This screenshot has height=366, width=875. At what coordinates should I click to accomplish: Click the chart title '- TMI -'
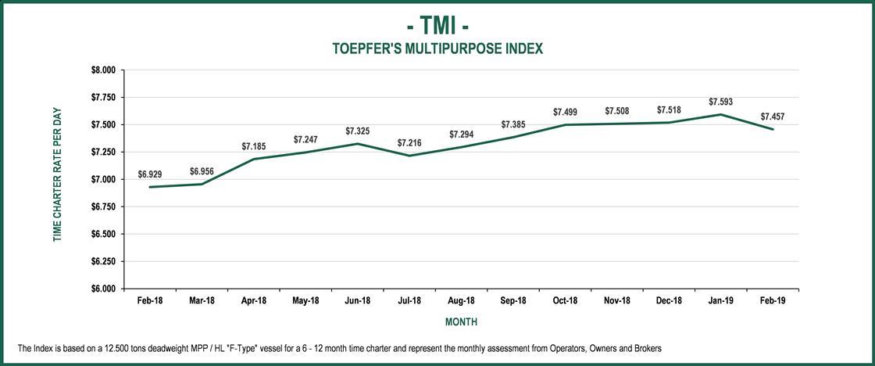437,25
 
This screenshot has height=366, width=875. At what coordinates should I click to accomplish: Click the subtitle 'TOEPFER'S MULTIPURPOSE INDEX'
437,48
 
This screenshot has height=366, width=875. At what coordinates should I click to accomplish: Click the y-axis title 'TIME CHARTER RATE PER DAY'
57,174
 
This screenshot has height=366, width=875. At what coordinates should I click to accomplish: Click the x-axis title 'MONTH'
461,322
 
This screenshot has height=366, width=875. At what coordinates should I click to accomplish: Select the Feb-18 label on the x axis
150,301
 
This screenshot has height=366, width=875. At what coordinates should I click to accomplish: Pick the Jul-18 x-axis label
409,301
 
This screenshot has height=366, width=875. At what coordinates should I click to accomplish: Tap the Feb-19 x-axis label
773,301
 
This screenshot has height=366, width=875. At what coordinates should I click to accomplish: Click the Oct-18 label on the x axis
565,301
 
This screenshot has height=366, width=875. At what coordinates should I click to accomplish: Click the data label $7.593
720,102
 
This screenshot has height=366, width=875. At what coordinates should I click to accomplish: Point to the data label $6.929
150,174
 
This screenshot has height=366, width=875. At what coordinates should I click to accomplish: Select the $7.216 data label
409,143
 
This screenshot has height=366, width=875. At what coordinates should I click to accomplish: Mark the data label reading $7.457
773,117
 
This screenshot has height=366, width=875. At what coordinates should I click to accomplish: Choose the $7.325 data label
358,131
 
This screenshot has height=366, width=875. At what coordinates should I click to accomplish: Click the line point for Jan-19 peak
720,114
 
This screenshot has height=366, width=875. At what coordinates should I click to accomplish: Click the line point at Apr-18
254,159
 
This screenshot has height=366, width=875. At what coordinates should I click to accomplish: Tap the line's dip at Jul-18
409,156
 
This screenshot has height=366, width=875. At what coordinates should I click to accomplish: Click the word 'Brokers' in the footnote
648,347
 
